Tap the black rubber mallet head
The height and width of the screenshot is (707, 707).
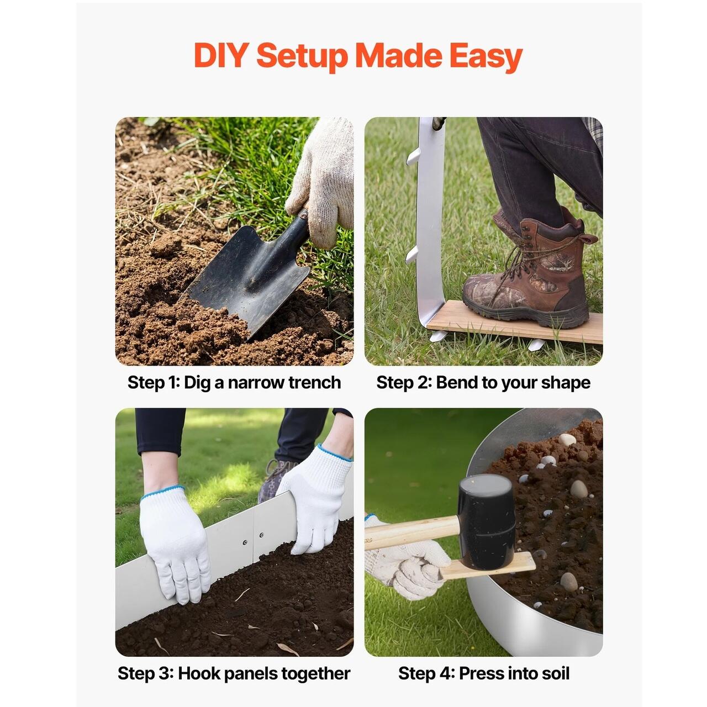(487, 521)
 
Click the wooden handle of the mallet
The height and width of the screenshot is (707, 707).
(411, 531)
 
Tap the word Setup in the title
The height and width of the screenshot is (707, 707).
(302, 57)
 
